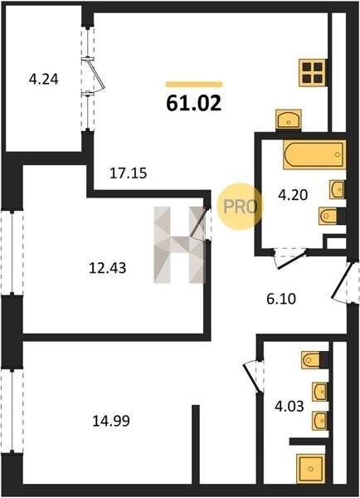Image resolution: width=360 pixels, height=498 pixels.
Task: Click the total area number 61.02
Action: [193, 103]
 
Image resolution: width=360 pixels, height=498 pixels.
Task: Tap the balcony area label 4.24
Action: [43, 79]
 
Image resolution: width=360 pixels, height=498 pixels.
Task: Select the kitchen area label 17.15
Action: [129, 173]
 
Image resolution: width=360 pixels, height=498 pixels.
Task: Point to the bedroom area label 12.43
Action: [107, 268]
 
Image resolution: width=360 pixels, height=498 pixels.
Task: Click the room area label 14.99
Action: [111, 421]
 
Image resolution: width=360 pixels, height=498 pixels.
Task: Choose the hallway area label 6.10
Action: [281, 299]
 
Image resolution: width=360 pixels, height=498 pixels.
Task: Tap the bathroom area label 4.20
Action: [293, 195]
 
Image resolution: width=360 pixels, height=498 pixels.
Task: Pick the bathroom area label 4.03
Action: [289, 406]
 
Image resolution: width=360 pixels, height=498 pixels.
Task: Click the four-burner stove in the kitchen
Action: [313, 73]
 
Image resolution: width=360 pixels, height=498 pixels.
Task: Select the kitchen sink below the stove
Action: [289, 119]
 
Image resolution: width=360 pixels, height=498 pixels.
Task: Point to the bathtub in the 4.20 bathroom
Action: [314, 154]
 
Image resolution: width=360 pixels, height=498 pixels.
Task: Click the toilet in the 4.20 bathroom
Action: [332, 216]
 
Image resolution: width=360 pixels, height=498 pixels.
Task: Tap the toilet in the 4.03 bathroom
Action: [314, 360]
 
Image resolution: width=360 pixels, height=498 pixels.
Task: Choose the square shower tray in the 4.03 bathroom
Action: [311, 468]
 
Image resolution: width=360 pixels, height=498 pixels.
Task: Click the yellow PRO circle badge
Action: [241, 207]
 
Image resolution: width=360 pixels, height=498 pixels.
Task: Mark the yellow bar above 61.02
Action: [194, 84]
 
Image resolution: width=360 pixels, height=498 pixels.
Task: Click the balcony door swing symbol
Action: [95, 76]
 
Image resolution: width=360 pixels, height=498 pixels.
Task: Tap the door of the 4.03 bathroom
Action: [253, 378]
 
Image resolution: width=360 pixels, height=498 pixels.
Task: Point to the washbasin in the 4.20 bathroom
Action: [337, 189]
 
